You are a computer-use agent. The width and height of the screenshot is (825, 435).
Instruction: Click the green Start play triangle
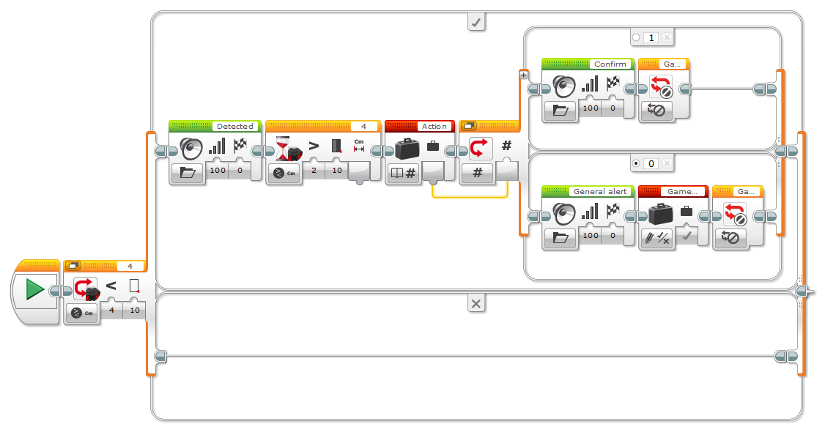(x=34, y=290)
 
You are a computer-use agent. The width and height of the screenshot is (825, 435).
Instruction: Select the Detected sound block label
(x=235, y=126)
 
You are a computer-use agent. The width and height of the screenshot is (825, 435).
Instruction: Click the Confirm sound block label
(x=610, y=64)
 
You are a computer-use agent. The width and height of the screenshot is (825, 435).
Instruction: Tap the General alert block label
(x=599, y=191)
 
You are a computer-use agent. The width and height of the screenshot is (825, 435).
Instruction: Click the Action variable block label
(x=434, y=126)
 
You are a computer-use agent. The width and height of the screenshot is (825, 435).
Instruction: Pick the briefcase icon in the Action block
(x=407, y=149)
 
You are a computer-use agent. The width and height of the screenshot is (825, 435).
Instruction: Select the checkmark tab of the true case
(x=476, y=23)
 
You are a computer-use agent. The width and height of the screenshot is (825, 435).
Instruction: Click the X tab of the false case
(x=476, y=303)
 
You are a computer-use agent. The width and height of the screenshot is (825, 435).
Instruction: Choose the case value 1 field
(x=651, y=37)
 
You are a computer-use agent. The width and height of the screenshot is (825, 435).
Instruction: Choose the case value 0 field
(x=651, y=163)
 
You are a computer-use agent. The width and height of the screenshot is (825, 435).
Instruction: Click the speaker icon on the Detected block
(x=190, y=149)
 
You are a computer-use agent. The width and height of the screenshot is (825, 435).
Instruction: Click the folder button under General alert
(x=560, y=237)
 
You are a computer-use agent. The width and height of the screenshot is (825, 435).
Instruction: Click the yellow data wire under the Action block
(x=469, y=197)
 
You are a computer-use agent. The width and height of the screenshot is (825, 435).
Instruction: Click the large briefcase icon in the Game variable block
(x=660, y=214)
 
